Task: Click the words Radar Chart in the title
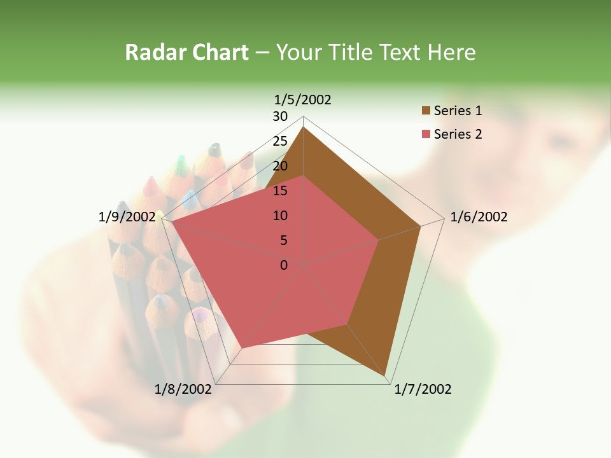click(x=186, y=52)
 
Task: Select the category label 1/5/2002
click(x=303, y=99)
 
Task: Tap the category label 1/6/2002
click(x=479, y=217)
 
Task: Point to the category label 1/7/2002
click(x=423, y=389)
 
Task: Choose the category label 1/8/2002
click(x=183, y=389)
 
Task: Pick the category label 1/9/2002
click(x=127, y=217)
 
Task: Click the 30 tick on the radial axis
click(x=280, y=116)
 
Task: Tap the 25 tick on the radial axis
click(x=280, y=141)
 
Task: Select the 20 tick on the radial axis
click(x=280, y=166)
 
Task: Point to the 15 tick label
click(x=280, y=191)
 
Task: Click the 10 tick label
click(x=280, y=216)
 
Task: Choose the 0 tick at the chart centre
click(x=284, y=265)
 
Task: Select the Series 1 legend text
click(x=458, y=111)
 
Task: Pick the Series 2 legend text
click(x=458, y=134)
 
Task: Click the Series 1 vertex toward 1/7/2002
click(x=386, y=376)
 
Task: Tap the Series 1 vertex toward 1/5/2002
click(x=304, y=127)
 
